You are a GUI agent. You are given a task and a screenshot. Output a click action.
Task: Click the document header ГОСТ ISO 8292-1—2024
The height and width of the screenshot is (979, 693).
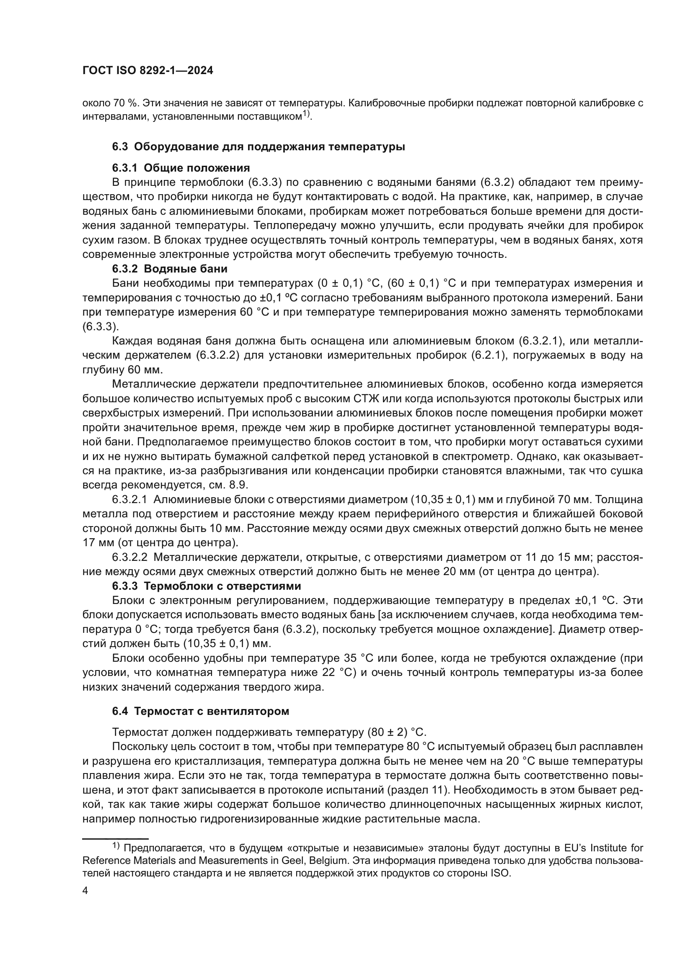[x=147, y=71]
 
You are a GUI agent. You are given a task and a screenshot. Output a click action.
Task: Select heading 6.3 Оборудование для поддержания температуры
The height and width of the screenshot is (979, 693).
[x=259, y=146]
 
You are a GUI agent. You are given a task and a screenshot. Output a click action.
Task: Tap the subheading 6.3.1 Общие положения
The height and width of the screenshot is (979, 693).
[x=181, y=167]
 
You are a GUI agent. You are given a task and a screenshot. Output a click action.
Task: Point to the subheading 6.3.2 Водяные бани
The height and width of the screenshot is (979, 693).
[x=170, y=269]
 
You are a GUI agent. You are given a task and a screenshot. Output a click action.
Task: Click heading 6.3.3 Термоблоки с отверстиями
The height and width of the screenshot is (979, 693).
[x=207, y=586]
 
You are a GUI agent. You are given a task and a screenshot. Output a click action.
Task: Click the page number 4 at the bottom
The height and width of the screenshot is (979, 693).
[x=85, y=891]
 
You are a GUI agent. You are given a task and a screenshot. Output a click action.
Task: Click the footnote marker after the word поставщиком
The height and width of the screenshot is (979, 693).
[x=306, y=114]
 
